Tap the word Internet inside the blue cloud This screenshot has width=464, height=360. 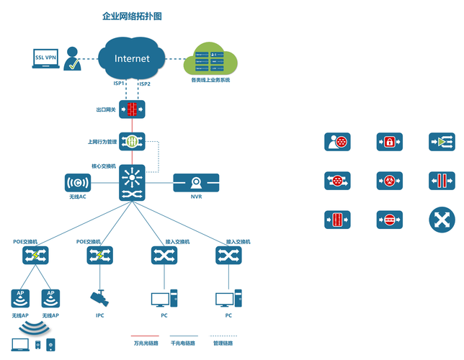pyautogui.click(x=132, y=58)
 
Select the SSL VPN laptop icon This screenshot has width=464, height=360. pyautogui.click(x=45, y=58)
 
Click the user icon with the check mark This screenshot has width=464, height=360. pyautogui.click(x=72, y=60)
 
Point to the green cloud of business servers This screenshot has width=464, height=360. pyautogui.click(x=210, y=58)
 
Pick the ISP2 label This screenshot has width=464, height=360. pyautogui.click(x=144, y=84)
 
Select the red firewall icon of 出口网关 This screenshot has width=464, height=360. pyautogui.click(x=133, y=110)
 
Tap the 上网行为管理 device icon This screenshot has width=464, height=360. pyautogui.click(x=133, y=141)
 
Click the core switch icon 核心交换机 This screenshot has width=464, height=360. pyautogui.click(x=133, y=183)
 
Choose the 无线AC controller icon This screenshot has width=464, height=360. pyautogui.click(x=77, y=183)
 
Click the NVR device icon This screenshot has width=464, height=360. pyautogui.click(x=196, y=184)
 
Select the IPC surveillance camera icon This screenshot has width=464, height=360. pyautogui.click(x=99, y=297)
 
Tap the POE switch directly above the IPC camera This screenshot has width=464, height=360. pyautogui.click(x=99, y=255)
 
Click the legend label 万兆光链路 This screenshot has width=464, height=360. pyautogui.click(x=145, y=343)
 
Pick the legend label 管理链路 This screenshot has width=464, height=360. pyautogui.click(x=224, y=343)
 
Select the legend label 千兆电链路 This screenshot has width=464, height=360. pyautogui.click(x=184, y=343)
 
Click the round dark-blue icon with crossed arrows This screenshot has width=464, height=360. pyautogui.click(x=442, y=220)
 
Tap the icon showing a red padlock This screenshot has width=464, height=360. pyautogui.click(x=390, y=142)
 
